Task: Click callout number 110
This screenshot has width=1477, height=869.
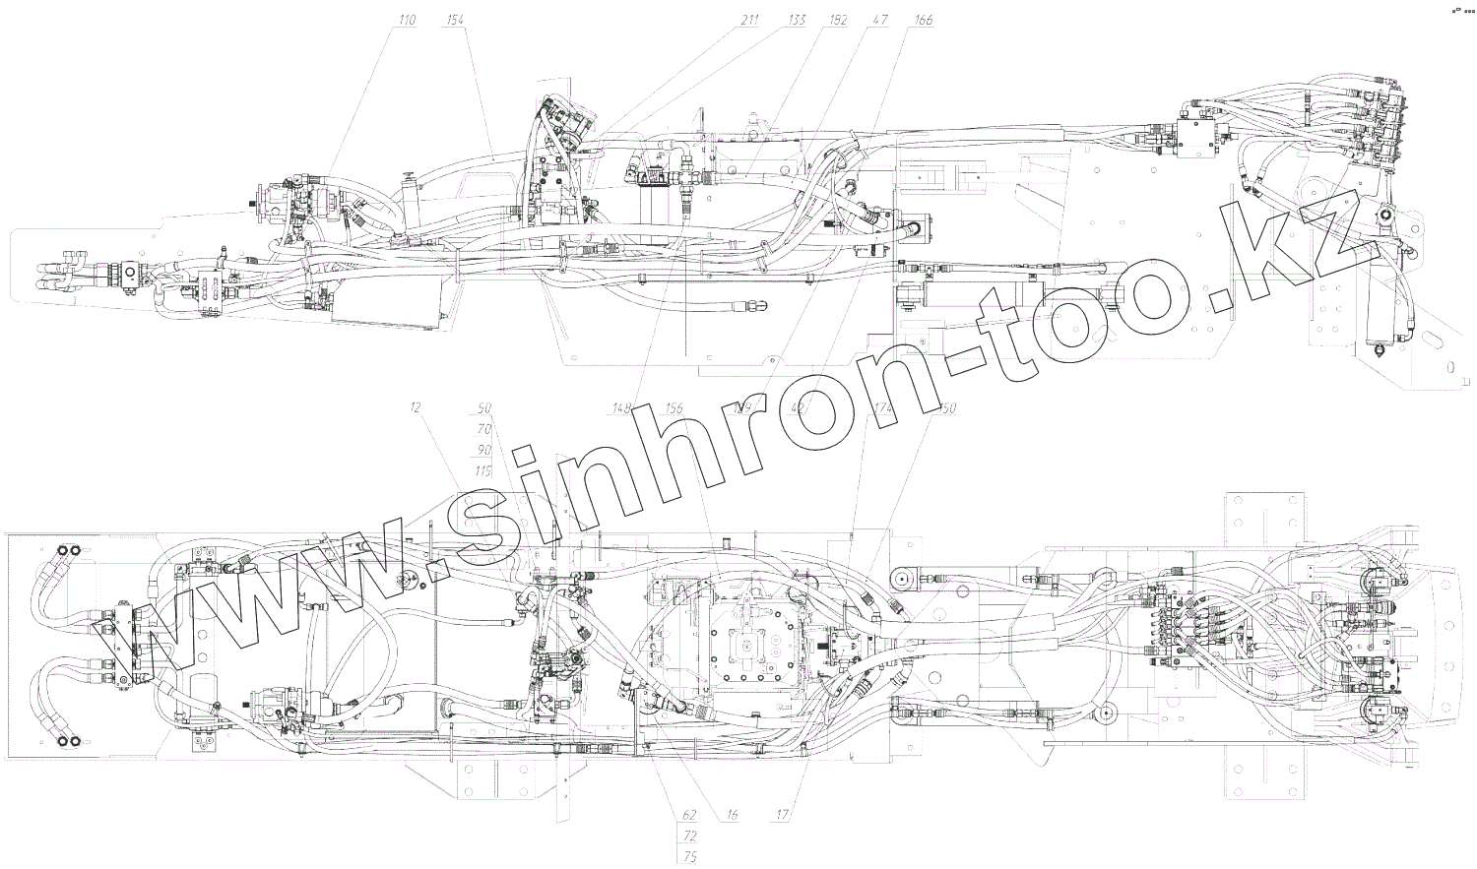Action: click(x=407, y=20)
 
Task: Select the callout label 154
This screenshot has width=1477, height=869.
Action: click(x=456, y=20)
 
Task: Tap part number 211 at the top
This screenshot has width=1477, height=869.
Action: click(x=751, y=20)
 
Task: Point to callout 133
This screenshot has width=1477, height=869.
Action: click(x=798, y=20)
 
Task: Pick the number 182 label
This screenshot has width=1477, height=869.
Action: click(x=838, y=20)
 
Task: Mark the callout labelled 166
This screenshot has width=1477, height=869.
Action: click(x=923, y=20)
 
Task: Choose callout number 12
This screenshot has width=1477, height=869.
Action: click(x=417, y=407)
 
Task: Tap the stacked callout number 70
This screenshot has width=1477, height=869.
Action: click(x=483, y=429)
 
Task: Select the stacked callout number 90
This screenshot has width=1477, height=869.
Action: click(x=483, y=450)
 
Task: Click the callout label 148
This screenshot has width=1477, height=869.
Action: click(x=621, y=408)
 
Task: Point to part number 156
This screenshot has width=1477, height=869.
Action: click(x=674, y=408)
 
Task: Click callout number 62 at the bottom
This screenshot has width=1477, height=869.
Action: click(x=689, y=816)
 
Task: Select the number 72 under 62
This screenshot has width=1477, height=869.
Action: click(x=689, y=836)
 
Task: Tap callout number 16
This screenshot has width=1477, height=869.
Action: click(x=732, y=816)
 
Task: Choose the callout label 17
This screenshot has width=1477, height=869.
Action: click(x=783, y=816)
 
